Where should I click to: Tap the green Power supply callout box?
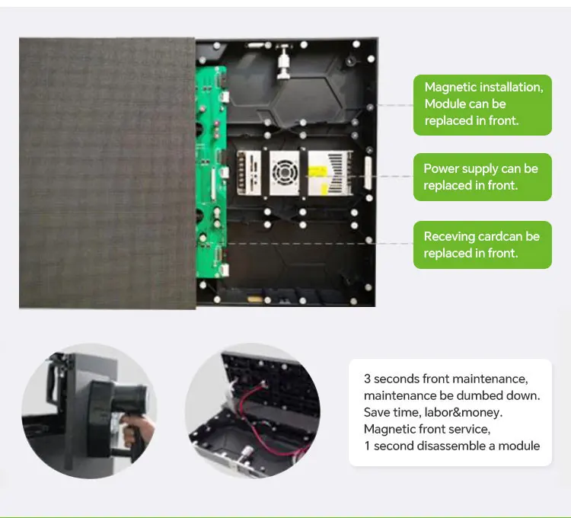point(482,177)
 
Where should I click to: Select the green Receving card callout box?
point(482,245)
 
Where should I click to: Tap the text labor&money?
point(466,412)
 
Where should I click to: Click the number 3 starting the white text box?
point(367,379)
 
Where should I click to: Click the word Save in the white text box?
point(377,412)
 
